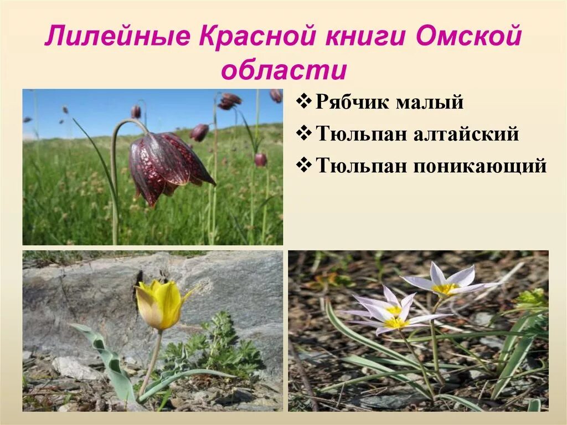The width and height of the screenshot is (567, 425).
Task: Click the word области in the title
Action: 283,70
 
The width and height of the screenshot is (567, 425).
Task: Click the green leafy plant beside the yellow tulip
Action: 219,346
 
